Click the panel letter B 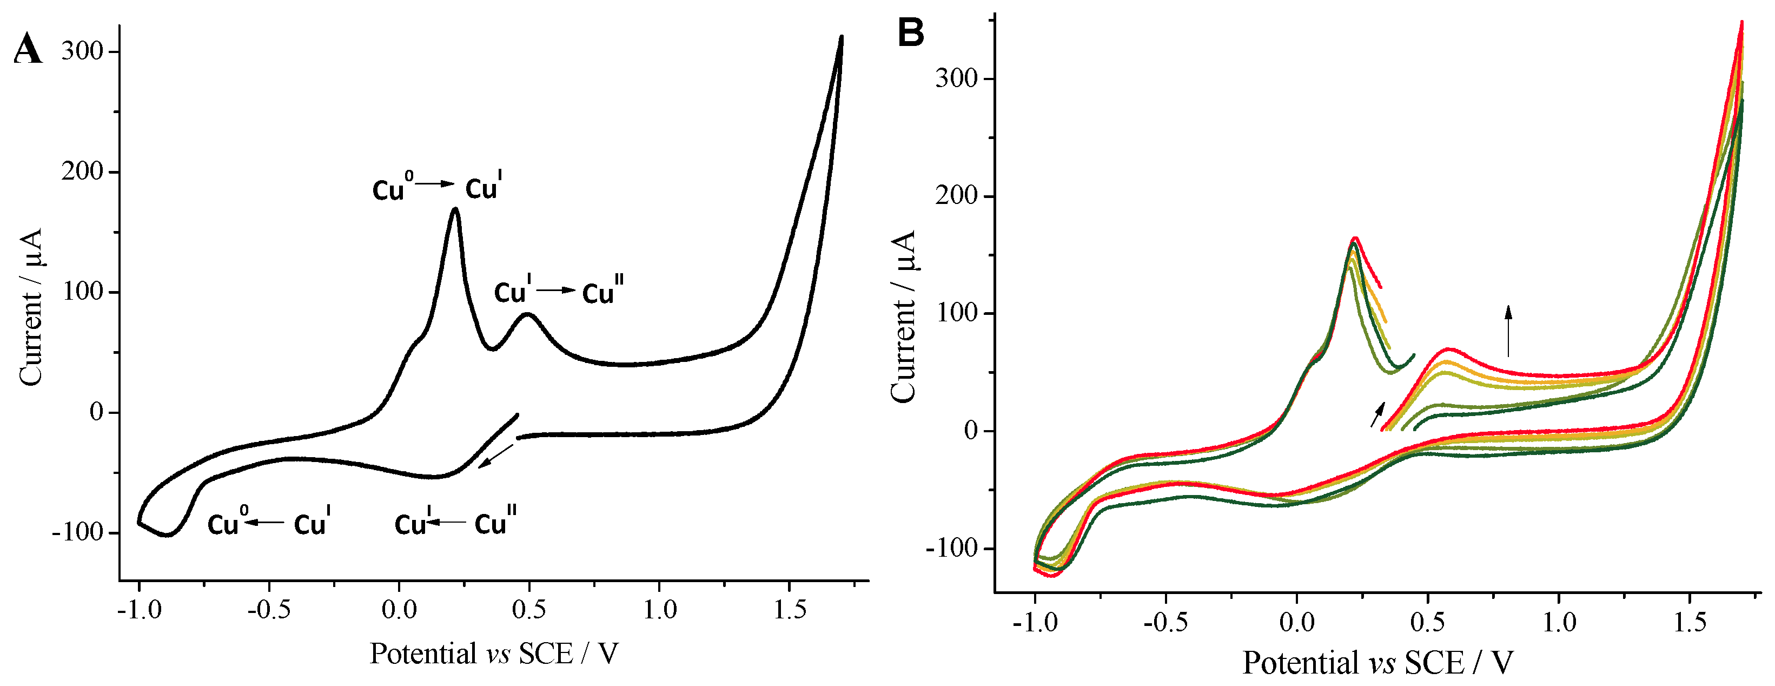[x=910, y=32]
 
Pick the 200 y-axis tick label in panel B [x=956, y=196]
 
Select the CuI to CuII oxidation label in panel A [x=558, y=292]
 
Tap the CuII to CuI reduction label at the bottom [x=455, y=523]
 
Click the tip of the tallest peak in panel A [x=455, y=209]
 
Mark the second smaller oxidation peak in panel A [x=528, y=314]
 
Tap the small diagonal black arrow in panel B [x=1378, y=414]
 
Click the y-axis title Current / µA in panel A [x=31, y=307]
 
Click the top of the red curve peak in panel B [x=1355, y=239]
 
